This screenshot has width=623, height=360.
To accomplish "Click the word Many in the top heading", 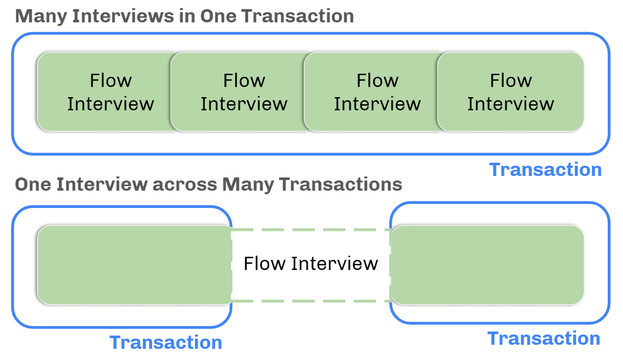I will [41, 16].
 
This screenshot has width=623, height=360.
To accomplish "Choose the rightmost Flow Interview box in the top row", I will [511, 92].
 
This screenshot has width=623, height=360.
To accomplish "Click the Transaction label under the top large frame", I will [545, 169].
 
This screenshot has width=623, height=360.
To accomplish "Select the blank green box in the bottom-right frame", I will [487, 265].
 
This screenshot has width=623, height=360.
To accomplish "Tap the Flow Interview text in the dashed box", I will [311, 264].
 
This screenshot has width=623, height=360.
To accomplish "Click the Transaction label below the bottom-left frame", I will [166, 342].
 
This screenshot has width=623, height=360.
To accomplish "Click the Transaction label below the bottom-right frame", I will [544, 338].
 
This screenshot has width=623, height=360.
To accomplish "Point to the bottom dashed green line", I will [311, 301].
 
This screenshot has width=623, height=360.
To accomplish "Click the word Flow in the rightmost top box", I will [511, 80].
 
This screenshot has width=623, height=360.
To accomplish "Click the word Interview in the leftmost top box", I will [110, 104].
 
